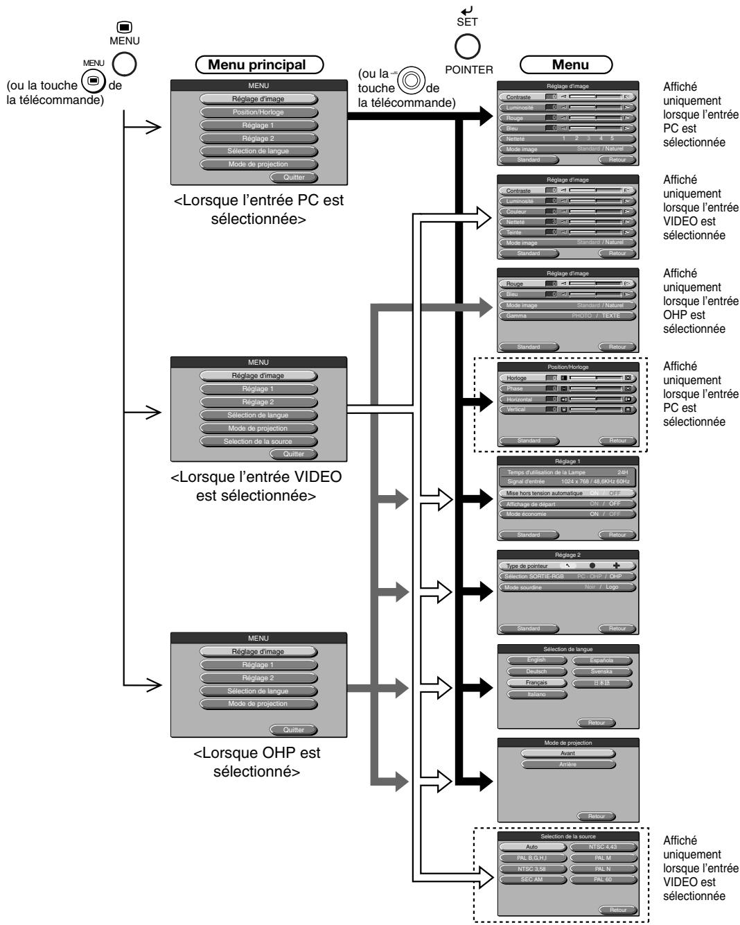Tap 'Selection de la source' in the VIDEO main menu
pyautogui.click(x=258, y=441)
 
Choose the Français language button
pyautogui.click(x=536, y=682)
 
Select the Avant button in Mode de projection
pyautogui.click(x=567, y=753)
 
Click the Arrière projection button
pyautogui.click(x=567, y=764)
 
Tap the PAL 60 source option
pyautogui.click(x=601, y=879)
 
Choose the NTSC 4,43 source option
pyautogui.click(x=601, y=847)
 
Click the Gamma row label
pyautogui.click(x=517, y=315)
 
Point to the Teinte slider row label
pyautogui.click(x=517, y=232)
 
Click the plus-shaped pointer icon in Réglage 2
pyautogui.click(x=616, y=566)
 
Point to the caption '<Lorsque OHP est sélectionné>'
pyautogui.click(x=256, y=761)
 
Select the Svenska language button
pyautogui.click(x=601, y=672)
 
